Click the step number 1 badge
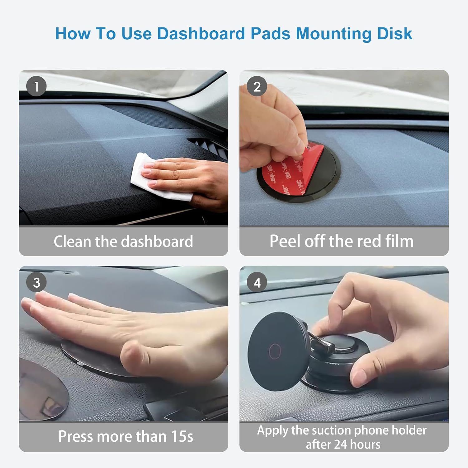pos(37,86)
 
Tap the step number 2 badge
pos(257,86)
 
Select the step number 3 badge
pos(37,283)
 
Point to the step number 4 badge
pos(257,283)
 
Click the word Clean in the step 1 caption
pos(72,241)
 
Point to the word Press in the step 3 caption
pos(76,436)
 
